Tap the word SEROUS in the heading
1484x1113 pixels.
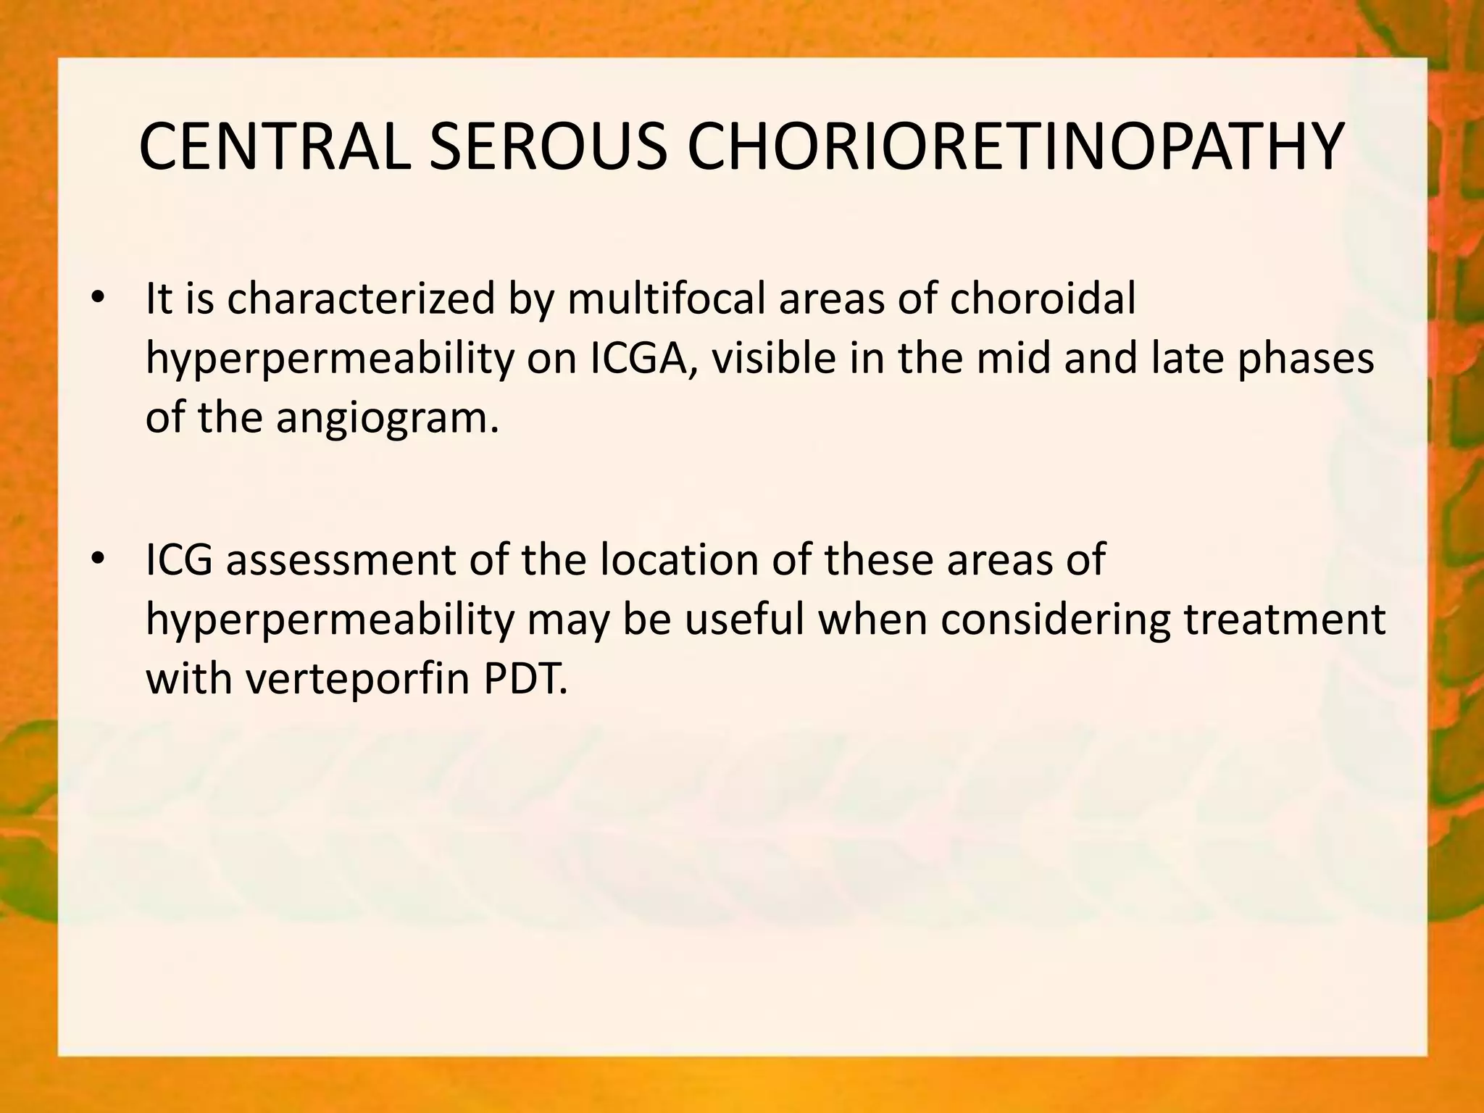[x=548, y=147]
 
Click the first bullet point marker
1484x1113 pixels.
[x=99, y=299]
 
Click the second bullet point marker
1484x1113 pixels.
[x=99, y=559]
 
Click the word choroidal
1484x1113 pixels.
[x=1042, y=299]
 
